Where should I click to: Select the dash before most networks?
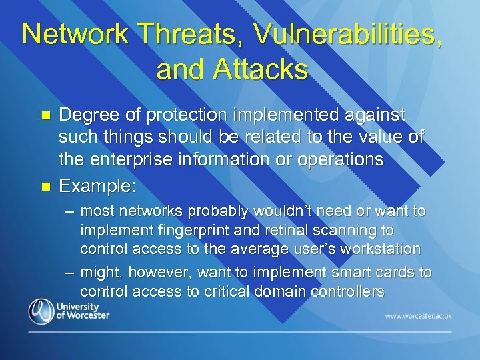pyautogui.click(x=69, y=211)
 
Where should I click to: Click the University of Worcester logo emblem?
pyautogui.click(x=41, y=311)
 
